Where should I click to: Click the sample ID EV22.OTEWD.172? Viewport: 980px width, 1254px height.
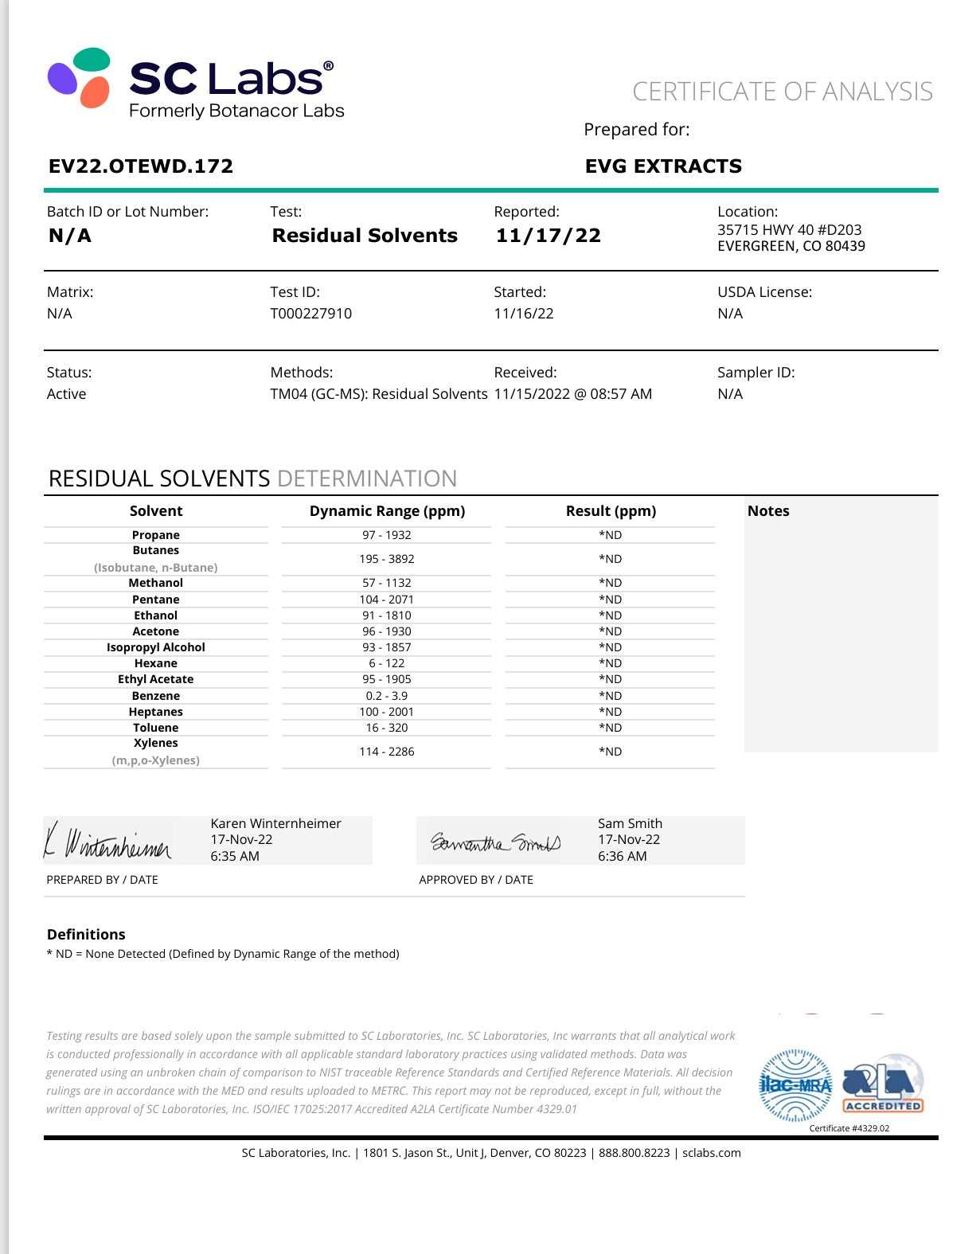[141, 166]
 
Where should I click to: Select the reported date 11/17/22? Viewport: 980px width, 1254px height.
[548, 236]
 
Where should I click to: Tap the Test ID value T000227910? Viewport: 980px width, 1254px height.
[310, 314]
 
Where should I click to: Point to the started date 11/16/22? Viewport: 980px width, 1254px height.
[523, 314]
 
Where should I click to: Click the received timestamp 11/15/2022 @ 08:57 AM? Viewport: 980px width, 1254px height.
[572, 394]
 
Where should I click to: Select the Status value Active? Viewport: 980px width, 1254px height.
[66, 394]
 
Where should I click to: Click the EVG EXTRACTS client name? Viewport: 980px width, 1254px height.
[663, 166]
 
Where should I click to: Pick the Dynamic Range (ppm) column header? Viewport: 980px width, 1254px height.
[387, 511]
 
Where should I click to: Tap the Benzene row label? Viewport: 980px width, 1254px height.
[156, 696]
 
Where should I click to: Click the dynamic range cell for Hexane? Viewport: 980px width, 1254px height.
[387, 663]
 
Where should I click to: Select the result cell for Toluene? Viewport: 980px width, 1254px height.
[611, 728]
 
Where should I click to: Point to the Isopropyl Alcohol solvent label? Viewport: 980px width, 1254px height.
[156, 647]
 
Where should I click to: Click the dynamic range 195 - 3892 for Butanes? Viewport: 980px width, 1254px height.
[387, 559]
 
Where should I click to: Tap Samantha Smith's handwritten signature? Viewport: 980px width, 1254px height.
[496, 842]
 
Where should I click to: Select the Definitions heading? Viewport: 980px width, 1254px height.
[86, 935]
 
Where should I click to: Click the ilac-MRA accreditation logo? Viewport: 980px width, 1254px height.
[795, 1084]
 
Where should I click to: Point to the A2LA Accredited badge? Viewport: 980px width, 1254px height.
[883, 1084]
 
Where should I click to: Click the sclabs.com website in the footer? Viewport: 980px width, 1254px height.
[711, 1153]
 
